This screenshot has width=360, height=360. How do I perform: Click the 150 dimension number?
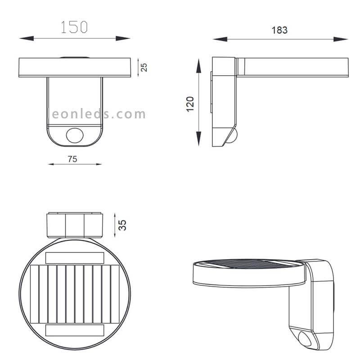(74, 27)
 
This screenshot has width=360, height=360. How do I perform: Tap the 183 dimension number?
(279, 30)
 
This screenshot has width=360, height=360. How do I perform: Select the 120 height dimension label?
(190, 104)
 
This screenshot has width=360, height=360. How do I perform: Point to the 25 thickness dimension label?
(144, 67)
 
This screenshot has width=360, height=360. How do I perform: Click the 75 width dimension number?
(72, 159)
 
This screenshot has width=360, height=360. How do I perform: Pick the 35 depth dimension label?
(122, 225)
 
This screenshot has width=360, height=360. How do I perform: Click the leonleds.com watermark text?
(97, 114)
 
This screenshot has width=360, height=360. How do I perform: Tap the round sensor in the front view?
(75, 135)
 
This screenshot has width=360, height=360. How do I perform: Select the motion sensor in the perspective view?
(305, 338)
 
